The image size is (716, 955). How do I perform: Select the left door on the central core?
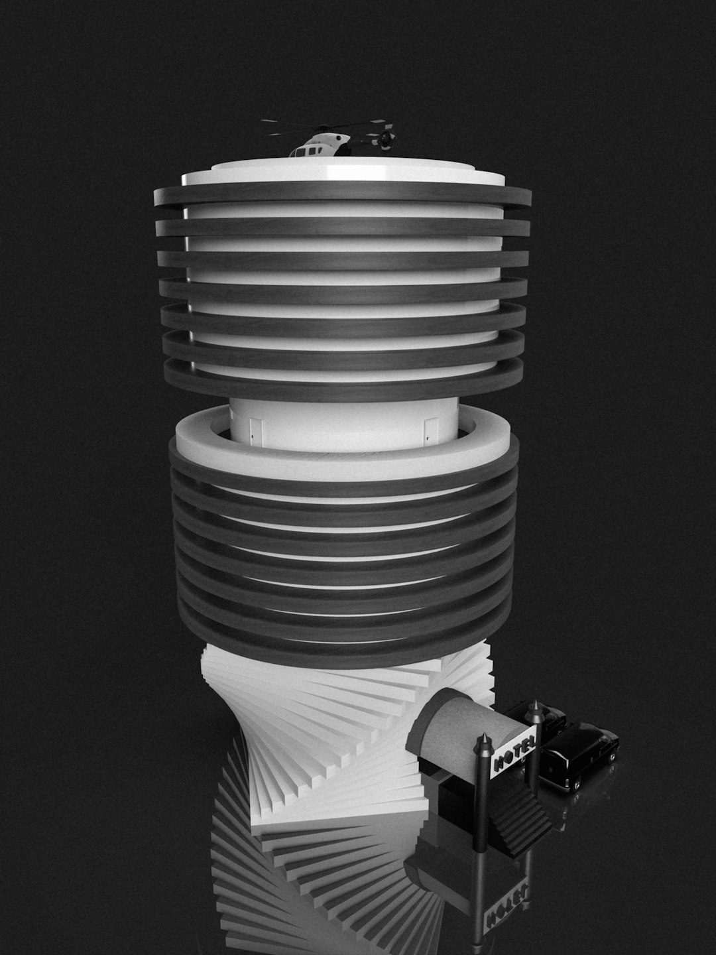(257, 431)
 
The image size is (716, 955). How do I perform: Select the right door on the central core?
(431, 431)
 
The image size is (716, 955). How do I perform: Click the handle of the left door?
(252, 434)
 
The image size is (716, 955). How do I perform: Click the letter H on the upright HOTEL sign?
(498, 763)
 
